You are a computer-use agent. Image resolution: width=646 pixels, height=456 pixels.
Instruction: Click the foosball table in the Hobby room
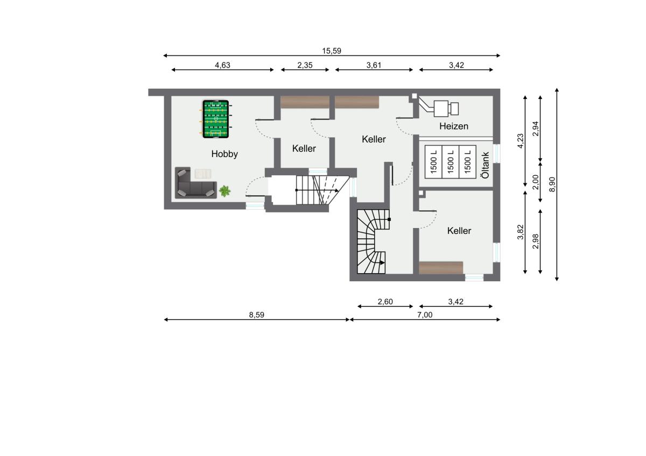216,119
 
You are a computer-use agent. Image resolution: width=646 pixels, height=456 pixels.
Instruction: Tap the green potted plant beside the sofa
224,191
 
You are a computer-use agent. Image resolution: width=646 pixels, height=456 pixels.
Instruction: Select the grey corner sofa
195,183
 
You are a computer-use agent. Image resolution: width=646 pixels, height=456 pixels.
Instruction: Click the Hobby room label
224,154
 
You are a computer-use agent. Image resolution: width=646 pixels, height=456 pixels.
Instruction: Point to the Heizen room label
454,126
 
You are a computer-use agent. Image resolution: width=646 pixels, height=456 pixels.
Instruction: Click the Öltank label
486,165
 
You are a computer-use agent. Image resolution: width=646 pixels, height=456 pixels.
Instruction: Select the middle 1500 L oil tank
451,162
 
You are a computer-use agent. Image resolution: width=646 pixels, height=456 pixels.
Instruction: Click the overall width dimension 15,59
332,51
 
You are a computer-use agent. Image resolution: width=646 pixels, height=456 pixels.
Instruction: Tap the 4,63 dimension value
222,65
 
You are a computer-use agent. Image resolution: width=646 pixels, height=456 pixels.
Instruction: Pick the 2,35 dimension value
305,65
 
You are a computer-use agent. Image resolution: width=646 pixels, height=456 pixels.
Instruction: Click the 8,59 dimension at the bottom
256,315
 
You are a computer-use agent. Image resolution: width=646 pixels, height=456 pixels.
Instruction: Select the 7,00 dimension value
425,315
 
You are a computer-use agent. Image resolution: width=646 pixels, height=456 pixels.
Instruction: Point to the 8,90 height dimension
552,184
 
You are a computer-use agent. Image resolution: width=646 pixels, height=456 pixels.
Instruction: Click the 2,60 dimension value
385,302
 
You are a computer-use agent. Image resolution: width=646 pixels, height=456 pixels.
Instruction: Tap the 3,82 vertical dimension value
520,232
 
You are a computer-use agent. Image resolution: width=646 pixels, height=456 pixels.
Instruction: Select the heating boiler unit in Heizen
446,109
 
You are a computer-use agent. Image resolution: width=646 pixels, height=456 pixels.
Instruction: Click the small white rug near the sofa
203,174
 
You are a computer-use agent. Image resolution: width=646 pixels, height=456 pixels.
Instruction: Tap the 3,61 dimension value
374,65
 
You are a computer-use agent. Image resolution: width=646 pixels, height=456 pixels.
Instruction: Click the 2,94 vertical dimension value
535,129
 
